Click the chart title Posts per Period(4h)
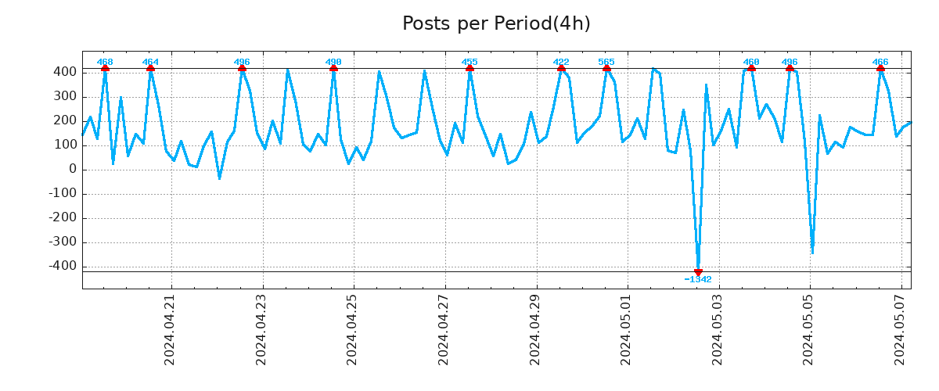496,23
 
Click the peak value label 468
105,62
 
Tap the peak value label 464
150,62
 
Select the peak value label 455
469,62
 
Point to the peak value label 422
561,62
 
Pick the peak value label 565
606,62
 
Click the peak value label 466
880,62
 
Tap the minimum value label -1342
698,279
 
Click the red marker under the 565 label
606,69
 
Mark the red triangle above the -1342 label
698,272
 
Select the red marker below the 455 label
469,69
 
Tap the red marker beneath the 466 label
880,69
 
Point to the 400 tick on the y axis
65,72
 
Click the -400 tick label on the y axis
63,266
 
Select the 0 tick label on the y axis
73,169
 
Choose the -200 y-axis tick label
63,217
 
